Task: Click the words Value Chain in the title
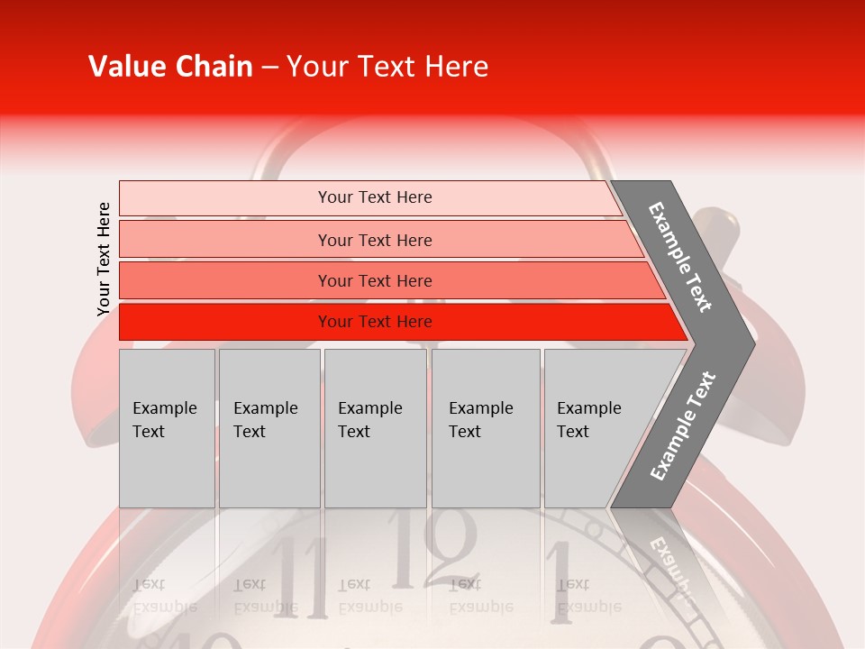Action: tap(170, 67)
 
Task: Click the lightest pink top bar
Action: tap(225, 198)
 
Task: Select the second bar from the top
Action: tap(225, 240)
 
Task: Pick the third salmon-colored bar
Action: tap(225, 280)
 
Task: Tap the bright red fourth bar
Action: tap(225, 322)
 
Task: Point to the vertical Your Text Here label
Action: tap(104, 259)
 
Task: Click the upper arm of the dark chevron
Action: tap(680, 256)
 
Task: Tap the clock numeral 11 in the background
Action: tap(304, 577)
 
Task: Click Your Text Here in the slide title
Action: tap(387, 67)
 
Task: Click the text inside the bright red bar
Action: tap(375, 322)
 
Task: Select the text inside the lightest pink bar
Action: tap(375, 197)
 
